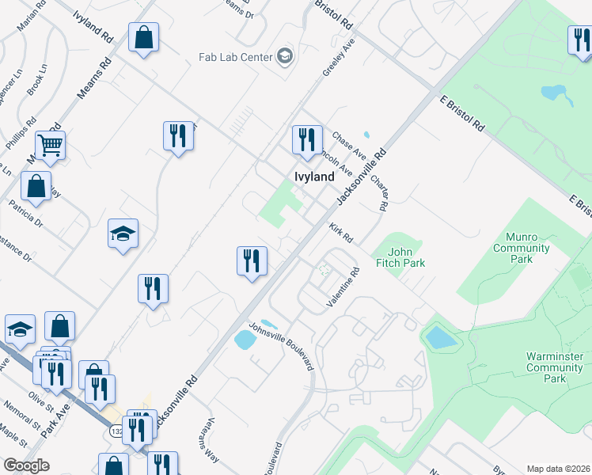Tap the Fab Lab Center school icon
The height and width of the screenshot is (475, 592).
tap(284, 56)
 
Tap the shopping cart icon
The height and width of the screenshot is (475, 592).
tap(50, 145)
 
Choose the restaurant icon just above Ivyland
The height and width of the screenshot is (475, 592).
tap(305, 139)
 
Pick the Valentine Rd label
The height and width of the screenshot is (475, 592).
tap(344, 287)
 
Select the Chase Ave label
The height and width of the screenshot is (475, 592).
tap(348, 145)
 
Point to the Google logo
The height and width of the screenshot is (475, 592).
tap(26, 465)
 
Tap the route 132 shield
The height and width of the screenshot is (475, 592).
tap(116, 432)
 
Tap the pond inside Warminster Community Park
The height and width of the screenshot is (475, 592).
tap(441, 338)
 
